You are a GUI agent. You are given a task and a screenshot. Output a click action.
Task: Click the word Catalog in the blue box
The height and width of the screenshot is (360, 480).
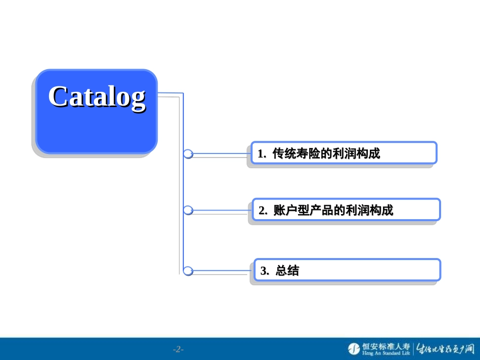(x=97, y=96)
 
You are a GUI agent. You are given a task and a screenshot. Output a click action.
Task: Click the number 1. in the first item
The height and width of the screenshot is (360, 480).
(x=262, y=154)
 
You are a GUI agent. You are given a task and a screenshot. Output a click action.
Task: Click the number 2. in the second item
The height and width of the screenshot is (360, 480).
(x=263, y=211)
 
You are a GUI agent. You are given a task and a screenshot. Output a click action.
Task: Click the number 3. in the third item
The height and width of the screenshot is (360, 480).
(x=264, y=271)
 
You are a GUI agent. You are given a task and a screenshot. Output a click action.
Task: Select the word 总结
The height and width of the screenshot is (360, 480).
(x=287, y=271)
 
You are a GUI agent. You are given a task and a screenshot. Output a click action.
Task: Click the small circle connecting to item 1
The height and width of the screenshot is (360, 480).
(x=188, y=153)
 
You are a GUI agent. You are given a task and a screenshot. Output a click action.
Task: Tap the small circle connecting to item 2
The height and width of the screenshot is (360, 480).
(x=188, y=210)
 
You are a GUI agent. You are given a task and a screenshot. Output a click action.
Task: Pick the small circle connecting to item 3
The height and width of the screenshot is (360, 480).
(x=188, y=271)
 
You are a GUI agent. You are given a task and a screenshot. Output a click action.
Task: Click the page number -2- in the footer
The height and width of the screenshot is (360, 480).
(x=178, y=349)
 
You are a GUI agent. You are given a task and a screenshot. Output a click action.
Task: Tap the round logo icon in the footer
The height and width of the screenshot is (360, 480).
(x=354, y=348)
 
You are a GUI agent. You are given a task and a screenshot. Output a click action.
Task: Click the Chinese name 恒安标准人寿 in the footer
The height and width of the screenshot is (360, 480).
(x=386, y=346)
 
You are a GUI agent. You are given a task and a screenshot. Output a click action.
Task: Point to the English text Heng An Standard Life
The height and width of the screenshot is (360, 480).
(x=386, y=353)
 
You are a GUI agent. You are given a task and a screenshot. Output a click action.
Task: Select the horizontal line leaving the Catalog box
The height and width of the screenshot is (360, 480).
(x=170, y=93)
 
